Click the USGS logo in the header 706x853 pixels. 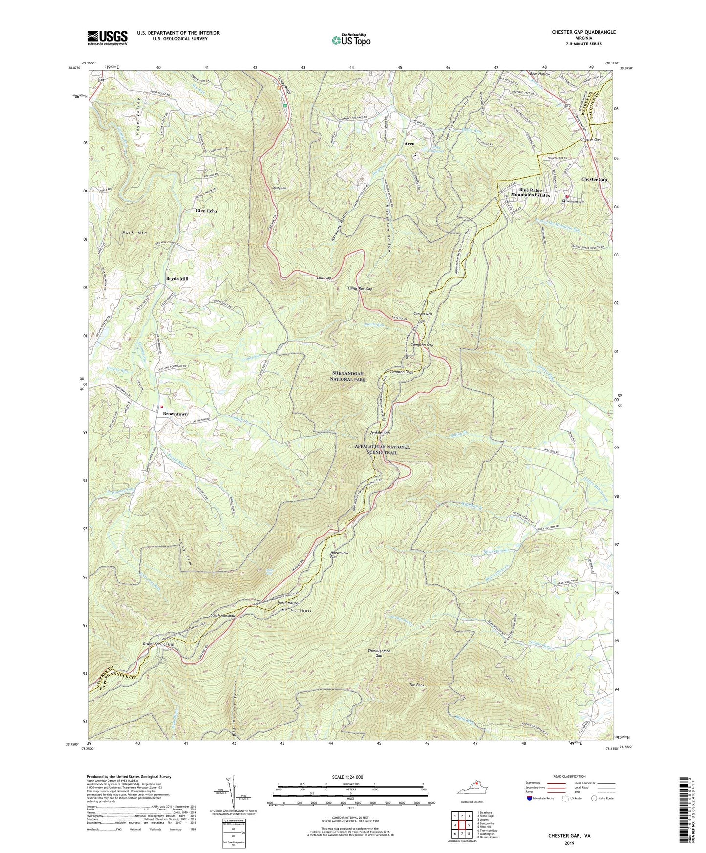(107, 38)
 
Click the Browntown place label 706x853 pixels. (175, 414)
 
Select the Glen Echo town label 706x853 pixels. (206, 211)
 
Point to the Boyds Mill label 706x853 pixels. (177, 279)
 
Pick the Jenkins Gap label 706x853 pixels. (380, 433)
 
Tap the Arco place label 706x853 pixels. (409, 143)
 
